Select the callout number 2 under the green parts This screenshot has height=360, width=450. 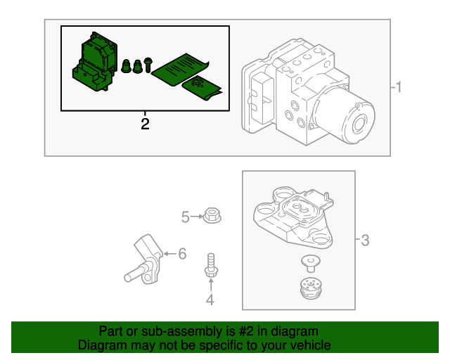pyautogui.click(x=145, y=125)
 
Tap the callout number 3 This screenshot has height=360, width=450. pyautogui.click(x=364, y=241)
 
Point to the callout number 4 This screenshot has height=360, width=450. pyautogui.click(x=210, y=302)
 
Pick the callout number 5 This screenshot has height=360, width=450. pyautogui.click(x=185, y=218)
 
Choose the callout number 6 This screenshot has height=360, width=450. pyautogui.click(x=182, y=253)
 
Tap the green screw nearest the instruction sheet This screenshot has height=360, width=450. pyautogui.click(x=148, y=65)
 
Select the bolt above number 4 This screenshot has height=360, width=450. pyautogui.click(x=210, y=266)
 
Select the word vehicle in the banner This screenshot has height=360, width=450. pyautogui.click(x=310, y=345)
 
